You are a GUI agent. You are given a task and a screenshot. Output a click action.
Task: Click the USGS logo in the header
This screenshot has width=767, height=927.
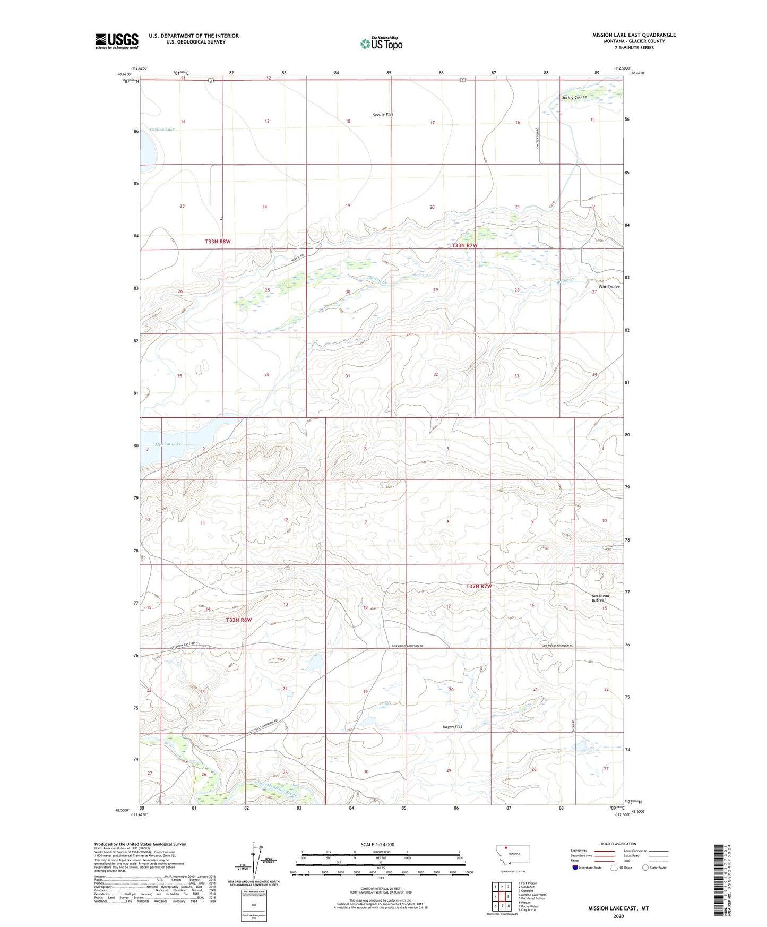[x=117, y=41]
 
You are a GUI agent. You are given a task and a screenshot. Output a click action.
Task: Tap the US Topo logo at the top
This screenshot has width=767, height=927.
[x=381, y=44]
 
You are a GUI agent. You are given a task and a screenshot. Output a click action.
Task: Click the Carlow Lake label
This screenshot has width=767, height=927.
[x=162, y=130]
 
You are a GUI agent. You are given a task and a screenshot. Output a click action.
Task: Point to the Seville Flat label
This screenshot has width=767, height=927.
[x=383, y=115]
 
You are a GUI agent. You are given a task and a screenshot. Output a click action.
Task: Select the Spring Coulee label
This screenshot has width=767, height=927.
[x=574, y=97]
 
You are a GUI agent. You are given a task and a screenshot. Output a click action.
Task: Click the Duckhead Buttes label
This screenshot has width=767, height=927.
[x=600, y=598]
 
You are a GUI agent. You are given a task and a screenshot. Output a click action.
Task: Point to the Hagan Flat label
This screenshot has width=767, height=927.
[x=452, y=727]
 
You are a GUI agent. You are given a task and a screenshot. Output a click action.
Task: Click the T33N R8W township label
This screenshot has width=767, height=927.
[x=218, y=242]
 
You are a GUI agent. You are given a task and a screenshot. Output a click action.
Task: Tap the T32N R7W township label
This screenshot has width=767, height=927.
[x=479, y=586]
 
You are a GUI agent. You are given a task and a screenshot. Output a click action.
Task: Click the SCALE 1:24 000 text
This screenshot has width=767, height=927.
[x=377, y=844]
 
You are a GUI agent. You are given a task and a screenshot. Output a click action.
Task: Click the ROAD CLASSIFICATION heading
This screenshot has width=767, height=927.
[x=618, y=844]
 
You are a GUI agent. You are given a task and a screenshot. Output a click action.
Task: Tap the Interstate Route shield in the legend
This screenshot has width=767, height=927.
[x=575, y=868]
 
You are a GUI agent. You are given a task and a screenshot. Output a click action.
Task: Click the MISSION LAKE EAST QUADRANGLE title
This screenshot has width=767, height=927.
[x=634, y=35]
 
